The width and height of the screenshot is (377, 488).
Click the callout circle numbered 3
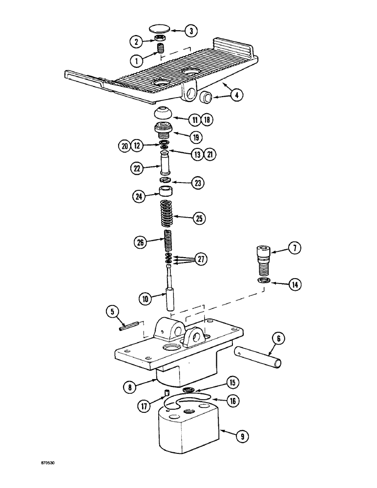click(x=190, y=31)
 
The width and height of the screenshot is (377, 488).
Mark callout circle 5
click(x=113, y=310)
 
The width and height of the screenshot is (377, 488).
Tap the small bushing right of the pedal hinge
click(x=205, y=98)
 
